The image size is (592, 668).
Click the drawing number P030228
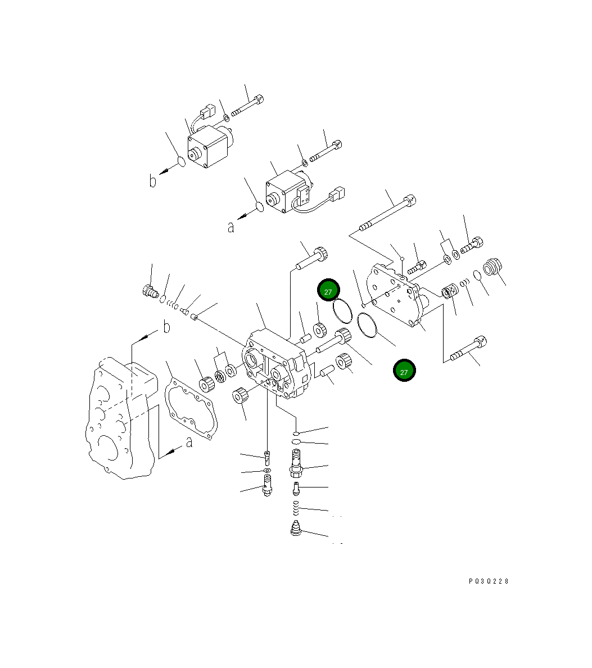point(488,581)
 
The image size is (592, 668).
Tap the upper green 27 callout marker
point(328,291)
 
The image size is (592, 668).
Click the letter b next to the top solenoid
point(152,180)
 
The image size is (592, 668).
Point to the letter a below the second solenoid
point(231,227)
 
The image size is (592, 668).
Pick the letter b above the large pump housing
point(166,327)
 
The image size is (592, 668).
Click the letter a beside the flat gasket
point(189,443)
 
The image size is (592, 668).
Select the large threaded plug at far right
point(492,267)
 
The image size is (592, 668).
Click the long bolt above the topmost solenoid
point(248,107)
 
